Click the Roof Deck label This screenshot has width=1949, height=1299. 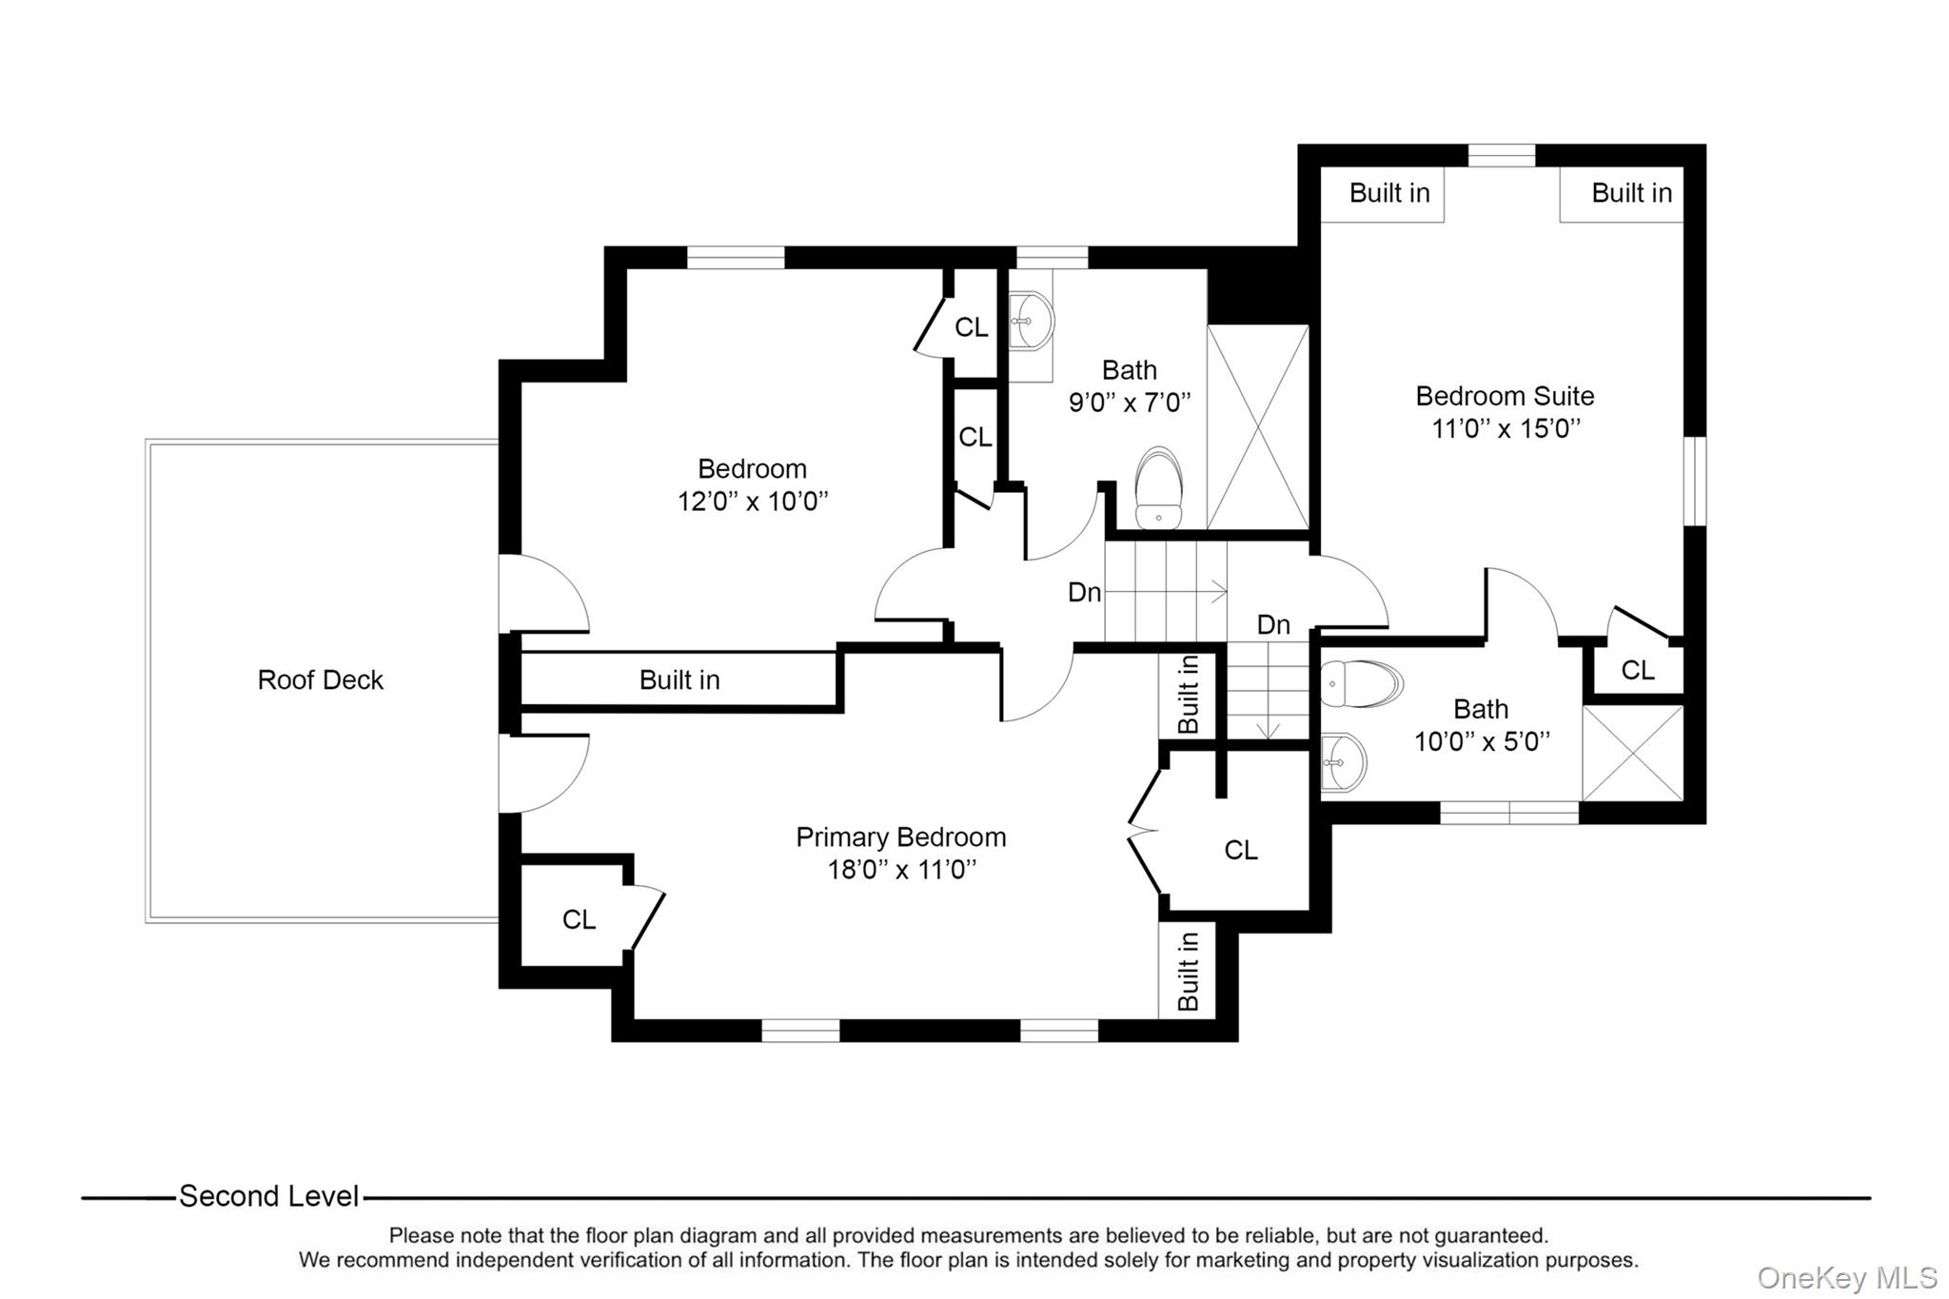(320, 679)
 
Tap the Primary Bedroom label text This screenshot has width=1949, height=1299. (901, 837)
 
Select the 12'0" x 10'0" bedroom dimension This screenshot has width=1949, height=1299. (753, 502)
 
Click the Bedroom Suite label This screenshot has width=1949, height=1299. (1505, 396)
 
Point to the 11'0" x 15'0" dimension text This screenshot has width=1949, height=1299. (1506, 428)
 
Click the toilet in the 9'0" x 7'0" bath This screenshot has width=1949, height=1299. (1159, 487)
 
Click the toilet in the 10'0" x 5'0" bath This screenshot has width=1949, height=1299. (1362, 683)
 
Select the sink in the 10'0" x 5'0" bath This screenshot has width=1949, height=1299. (1344, 762)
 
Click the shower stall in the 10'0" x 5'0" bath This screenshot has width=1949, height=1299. (1633, 753)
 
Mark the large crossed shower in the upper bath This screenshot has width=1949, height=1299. (1258, 427)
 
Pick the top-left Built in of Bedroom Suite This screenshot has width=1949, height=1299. (1389, 193)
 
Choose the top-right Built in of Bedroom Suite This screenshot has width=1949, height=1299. (1631, 193)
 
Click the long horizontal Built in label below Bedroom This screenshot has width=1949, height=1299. (679, 679)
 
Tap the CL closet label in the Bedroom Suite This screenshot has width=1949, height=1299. (1638, 671)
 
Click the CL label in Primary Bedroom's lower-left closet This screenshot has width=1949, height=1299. (579, 919)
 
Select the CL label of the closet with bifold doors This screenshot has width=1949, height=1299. (1241, 850)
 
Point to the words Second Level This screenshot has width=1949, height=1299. (269, 1196)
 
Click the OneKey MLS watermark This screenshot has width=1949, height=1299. (1847, 1277)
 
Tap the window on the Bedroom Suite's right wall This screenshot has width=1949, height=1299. (1695, 481)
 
